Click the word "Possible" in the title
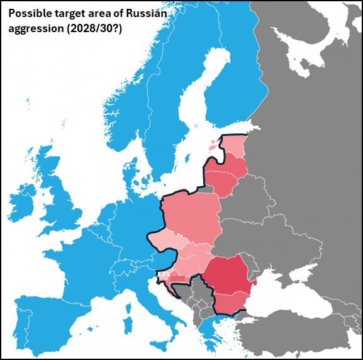coord(30,14)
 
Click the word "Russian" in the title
coord(148,14)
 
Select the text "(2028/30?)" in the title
coord(94,29)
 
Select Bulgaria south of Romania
coord(230,303)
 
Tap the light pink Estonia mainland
coord(234,147)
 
